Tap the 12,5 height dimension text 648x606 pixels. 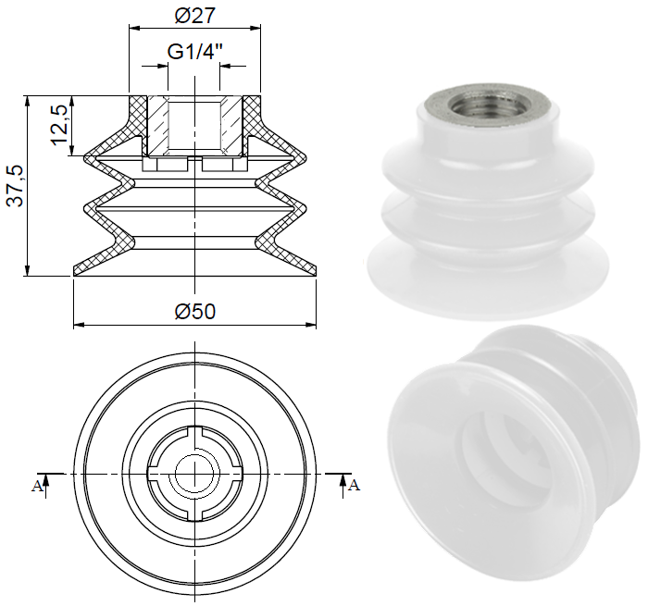59,124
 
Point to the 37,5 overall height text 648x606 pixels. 14,184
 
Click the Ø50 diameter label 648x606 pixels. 194,312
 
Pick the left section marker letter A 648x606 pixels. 37,486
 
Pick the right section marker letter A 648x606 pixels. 353,484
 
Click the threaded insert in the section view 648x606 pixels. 194,125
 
